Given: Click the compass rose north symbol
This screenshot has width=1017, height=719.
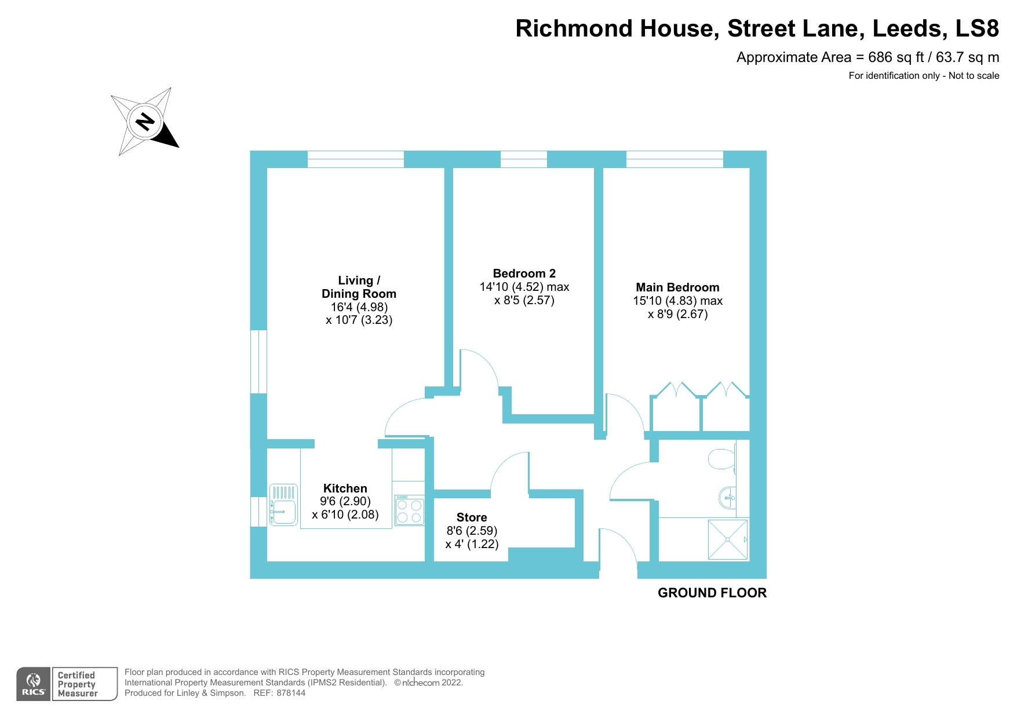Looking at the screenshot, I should coord(145,122).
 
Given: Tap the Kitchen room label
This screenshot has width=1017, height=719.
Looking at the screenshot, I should coord(345,488).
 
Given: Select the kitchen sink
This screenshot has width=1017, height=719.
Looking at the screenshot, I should coord(283,505).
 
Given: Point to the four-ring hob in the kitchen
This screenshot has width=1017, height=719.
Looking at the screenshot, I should coord(409,510).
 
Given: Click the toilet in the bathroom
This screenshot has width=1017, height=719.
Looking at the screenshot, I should coord(722,459).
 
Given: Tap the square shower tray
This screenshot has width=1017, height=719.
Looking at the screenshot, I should coord(727,539).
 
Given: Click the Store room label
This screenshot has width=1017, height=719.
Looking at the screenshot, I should coord(472,517).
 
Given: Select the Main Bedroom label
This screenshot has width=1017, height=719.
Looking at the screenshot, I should coord(677,287).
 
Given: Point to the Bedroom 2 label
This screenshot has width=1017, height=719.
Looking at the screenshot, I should coord(524,273).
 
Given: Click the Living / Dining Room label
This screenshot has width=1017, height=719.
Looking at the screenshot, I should coord(359,287).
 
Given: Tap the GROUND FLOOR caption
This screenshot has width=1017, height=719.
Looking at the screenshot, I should coord(712,593).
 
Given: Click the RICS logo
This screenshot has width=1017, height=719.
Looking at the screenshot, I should coord(34,684).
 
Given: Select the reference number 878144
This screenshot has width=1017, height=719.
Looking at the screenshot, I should coord(291,693).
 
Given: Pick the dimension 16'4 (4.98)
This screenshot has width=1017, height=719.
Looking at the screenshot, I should coord(359,307).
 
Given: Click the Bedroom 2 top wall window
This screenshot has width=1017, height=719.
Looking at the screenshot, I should coord(523,159).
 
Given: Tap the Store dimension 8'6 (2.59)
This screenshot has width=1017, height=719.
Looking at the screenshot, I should coord(472,531).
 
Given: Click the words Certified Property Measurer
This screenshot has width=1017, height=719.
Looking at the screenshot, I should coord(78,684).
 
